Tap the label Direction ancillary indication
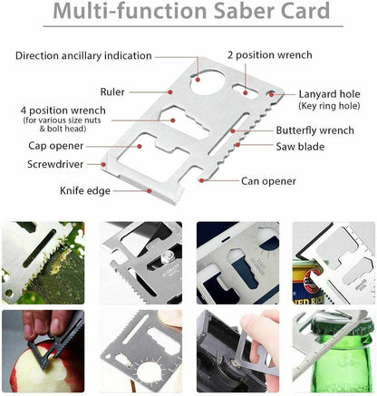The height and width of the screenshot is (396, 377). tap(83, 56)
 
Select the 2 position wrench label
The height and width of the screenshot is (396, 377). tap(270, 55)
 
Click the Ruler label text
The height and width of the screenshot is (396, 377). tap(112, 92)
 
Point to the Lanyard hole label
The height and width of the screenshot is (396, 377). tap(329, 94)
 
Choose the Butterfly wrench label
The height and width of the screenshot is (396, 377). tap(314, 130)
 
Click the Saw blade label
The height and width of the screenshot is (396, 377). tap(300, 147)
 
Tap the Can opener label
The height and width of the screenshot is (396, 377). tap(268, 181)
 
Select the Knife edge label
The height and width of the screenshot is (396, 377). tap(85, 191)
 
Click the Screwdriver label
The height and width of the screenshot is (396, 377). tap(55, 164)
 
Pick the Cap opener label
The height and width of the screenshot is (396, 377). tap(55, 146)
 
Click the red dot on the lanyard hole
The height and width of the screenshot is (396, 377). tap(271, 94)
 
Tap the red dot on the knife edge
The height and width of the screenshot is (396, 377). tap(150, 190)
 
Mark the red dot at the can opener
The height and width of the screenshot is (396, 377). tap(201, 180)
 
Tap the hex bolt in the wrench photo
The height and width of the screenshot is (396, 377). tap(167, 257)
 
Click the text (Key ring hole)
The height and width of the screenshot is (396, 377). tap(329, 106)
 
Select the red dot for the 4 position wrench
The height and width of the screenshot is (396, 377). tap(173, 121)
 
